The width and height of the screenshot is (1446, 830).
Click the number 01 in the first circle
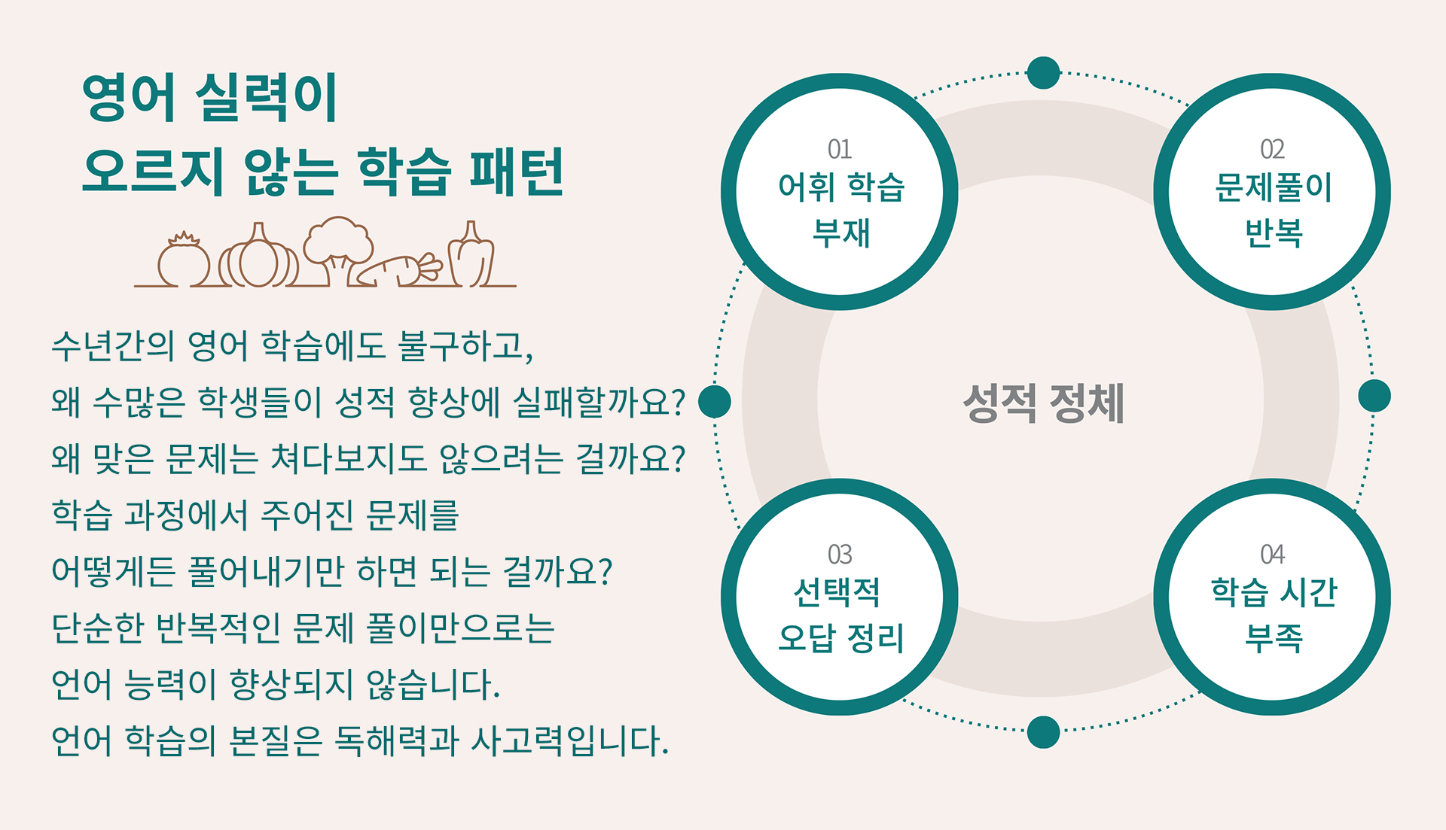(840, 149)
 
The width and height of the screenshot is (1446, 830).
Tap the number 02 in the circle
(1272, 149)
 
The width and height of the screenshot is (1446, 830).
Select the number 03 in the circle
(840, 555)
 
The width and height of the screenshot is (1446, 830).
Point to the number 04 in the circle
(1272, 555)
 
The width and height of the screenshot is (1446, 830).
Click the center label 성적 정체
(1043, 403)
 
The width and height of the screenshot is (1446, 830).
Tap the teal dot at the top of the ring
(1043, 72)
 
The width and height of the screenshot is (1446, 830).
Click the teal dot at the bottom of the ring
(1043, 732)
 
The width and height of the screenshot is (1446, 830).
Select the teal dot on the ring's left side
(715, 401)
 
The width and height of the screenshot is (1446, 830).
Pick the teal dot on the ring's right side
(1374, 396)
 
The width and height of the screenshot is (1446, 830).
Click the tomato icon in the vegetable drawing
(184, 260)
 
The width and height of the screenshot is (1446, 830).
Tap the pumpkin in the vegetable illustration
(258, 256)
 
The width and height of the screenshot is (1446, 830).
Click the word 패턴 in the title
(517, 172)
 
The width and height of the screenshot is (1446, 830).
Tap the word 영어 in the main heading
(129, 98)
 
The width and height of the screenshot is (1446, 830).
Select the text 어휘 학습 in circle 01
(840, 187)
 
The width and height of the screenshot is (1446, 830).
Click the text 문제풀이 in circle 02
(1273, 187)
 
